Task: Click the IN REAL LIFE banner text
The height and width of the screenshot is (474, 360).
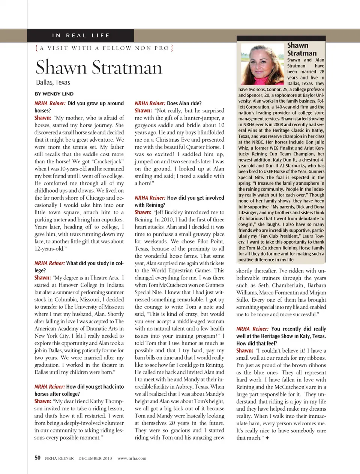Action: tap(81, 35)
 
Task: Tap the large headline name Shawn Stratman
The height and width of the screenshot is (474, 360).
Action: tap(99, 67)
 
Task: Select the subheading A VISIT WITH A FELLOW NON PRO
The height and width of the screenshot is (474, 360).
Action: tap(104, 48)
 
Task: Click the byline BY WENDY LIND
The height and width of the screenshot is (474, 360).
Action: tap(54, 94)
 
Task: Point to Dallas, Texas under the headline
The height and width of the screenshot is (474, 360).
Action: tap(53, 82)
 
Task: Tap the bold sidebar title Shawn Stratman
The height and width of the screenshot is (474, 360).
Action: tap(301, 49)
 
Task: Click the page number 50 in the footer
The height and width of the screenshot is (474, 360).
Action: tap(37, 458)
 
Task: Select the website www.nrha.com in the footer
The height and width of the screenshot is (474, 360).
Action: tap(132, 458)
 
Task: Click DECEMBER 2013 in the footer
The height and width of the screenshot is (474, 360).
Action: tap(95, 458)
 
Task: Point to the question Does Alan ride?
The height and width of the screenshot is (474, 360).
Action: tap(184, 103)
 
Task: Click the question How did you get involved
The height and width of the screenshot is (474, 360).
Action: tap(195, 197)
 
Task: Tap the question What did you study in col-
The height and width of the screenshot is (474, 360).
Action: tap(94, 263)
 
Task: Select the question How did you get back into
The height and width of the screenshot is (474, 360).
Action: tap(95, 386)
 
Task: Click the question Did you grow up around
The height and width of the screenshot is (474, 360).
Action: tap(95, 103)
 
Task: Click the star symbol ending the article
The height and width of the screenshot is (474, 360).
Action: tap(267, 438)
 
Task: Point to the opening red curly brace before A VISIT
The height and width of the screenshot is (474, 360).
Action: tap(36, 48)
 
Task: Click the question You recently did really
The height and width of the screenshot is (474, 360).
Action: tap(298, 329)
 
